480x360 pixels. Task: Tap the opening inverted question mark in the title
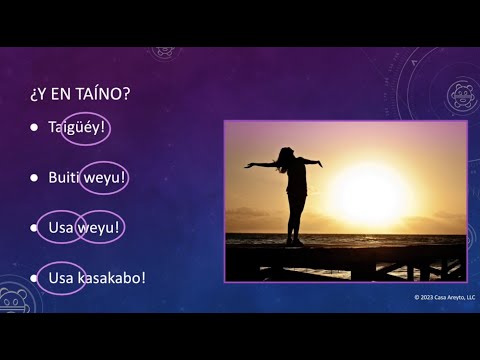tap(35, 95)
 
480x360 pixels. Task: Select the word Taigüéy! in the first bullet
tap(77, 128)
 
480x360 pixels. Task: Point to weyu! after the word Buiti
tap(103, 178)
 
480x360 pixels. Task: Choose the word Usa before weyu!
tap(60, 228)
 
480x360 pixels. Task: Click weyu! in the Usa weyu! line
tap(99, 228)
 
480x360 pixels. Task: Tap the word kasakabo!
tap(112, 277)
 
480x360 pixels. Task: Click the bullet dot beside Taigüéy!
tap(34, 128)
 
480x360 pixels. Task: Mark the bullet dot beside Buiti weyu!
tap(34, 178)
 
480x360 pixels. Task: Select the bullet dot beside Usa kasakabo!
tap(34, 277)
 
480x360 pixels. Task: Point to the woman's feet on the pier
tap(294, 242)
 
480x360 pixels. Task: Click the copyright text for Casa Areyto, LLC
tap(444, 298)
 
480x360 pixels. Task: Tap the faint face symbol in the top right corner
tap(460, 96)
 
